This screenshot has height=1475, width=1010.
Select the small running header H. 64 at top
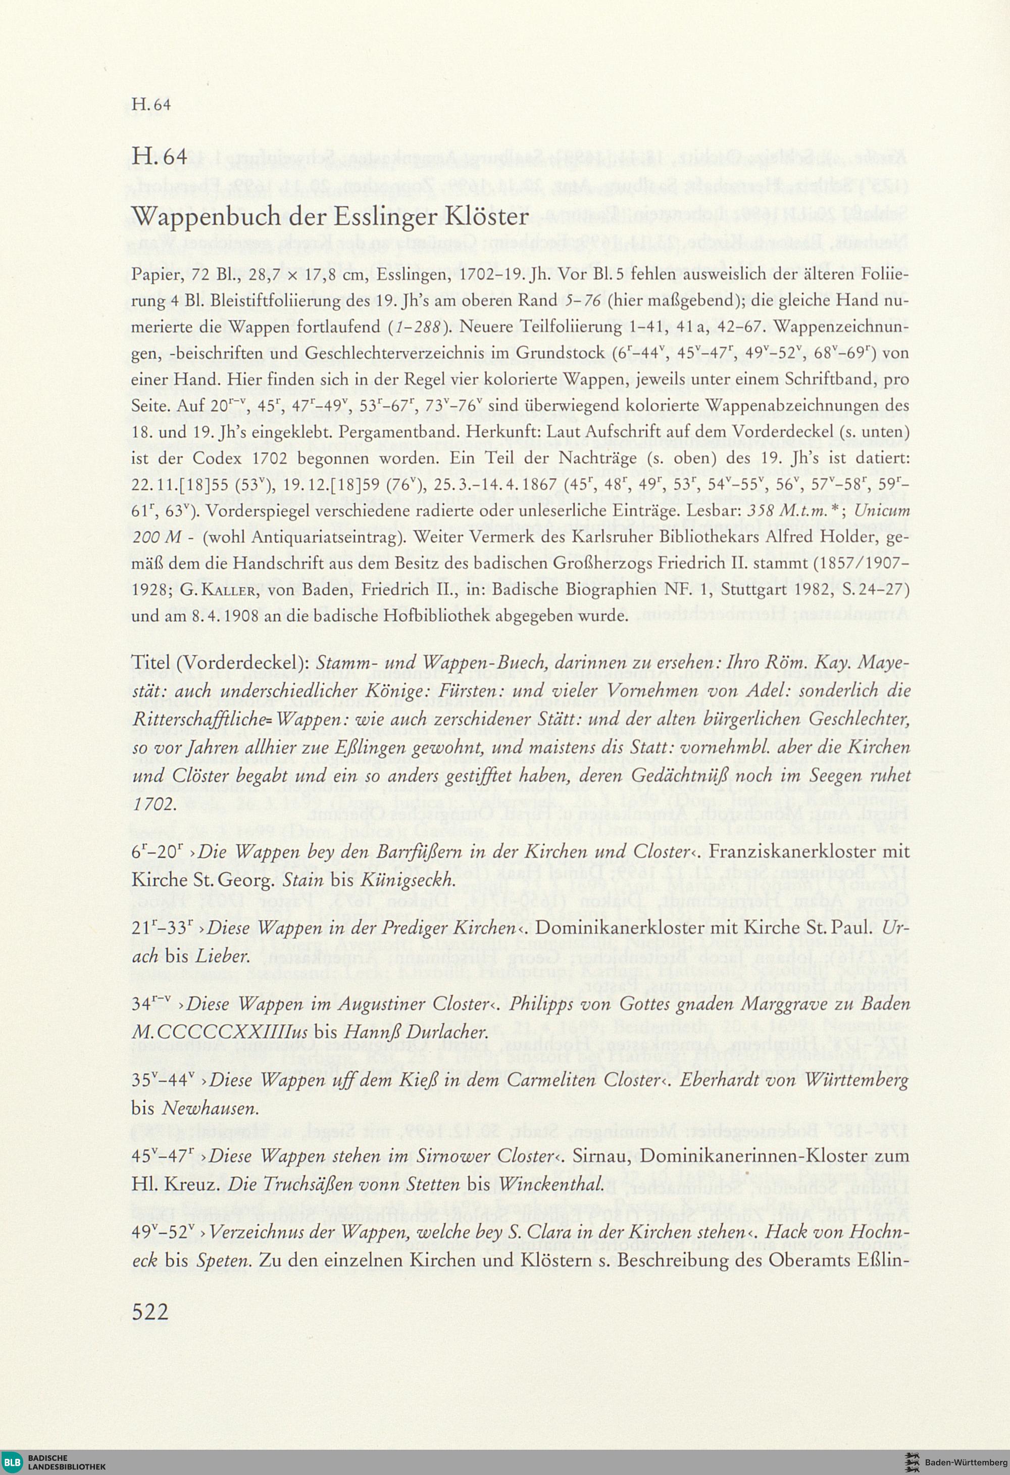tap(151, 105)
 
